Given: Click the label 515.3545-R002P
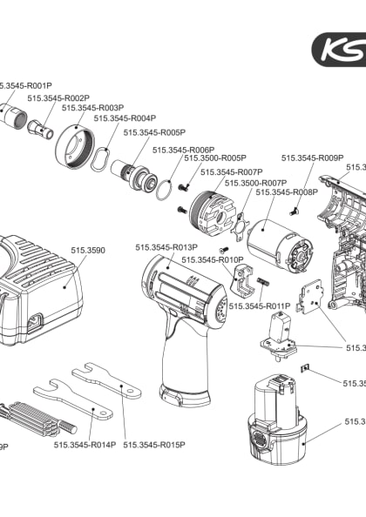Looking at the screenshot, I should [58, 98].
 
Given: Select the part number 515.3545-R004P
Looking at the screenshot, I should [125, 118].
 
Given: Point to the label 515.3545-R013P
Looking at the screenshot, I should [166, 248].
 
